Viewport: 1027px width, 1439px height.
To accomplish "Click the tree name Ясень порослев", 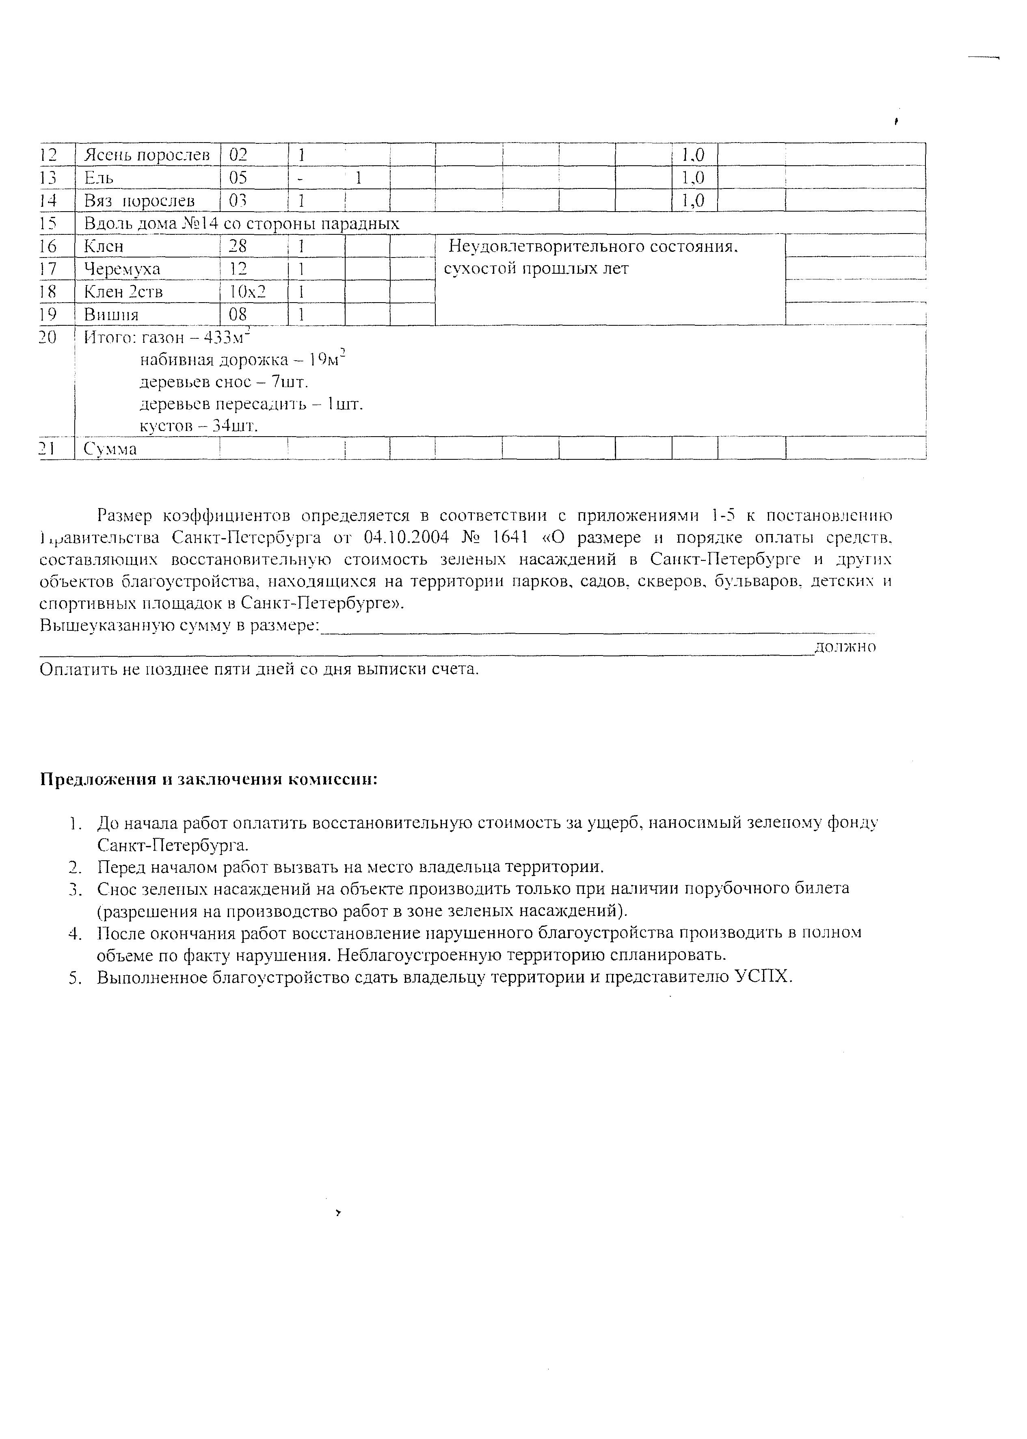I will [147, 155].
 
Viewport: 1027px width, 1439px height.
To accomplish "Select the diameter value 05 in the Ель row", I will [238, 178].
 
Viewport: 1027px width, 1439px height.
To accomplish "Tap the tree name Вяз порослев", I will [140, 201].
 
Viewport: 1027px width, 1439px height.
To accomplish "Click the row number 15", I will [48, 223].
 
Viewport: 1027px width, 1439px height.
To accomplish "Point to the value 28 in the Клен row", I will [238, 246].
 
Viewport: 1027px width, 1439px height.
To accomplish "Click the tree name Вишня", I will [111, 314].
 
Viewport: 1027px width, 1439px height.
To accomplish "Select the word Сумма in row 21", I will [111, 449].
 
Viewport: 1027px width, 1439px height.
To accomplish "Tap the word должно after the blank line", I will [845, 647].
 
